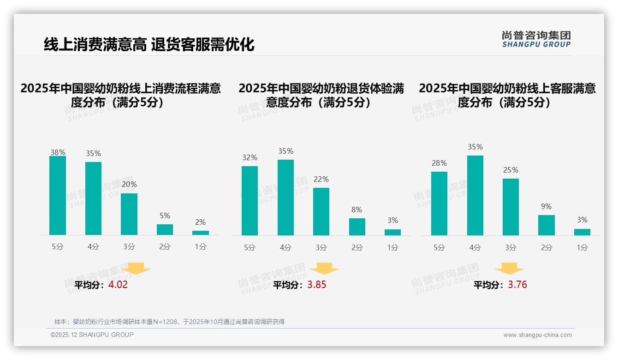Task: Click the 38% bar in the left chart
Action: pyautogui.click(x=58, y=196)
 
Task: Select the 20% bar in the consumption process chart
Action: pyautogui.click(x=129, y=214)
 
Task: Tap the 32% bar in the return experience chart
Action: pyautogui.click(x=250, y=201)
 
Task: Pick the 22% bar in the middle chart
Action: pyautogui.click(x=321, y=211)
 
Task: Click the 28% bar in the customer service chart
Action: pyautogui.click(x=439, y=204)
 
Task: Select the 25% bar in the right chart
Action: pyautogui.click(x=511, y=207)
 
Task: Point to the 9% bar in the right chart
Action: pyautogui.click(x=546, y=225)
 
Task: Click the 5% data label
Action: pyautogui.click(x=165, y=216)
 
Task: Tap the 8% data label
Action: pyautogui.click(x=357, y=210)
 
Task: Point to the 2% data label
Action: pyautogui.click(x=200, y=222)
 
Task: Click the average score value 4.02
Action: pyautogui.click(x=118, y=285)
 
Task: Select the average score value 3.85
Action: pyautogui.click(x=317, y=285)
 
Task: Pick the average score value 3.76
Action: pyautogui.click(x=517, y=285)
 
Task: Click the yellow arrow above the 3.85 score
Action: pyautogui.click(x=324, y=269)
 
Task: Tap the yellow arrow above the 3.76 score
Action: pyautogui.click(x=509, y=269)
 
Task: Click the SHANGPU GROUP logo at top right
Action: pyautogui.click(x=536, y=39)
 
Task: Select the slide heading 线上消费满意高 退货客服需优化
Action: pyautogui.click(x=149, y=45)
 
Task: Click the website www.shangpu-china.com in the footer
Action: pyautogui.click(x=537, y=335)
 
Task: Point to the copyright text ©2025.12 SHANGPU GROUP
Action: pyautogui.click(x=92, y=335)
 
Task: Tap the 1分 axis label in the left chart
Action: pyautogui.click(x=200, y=247)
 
